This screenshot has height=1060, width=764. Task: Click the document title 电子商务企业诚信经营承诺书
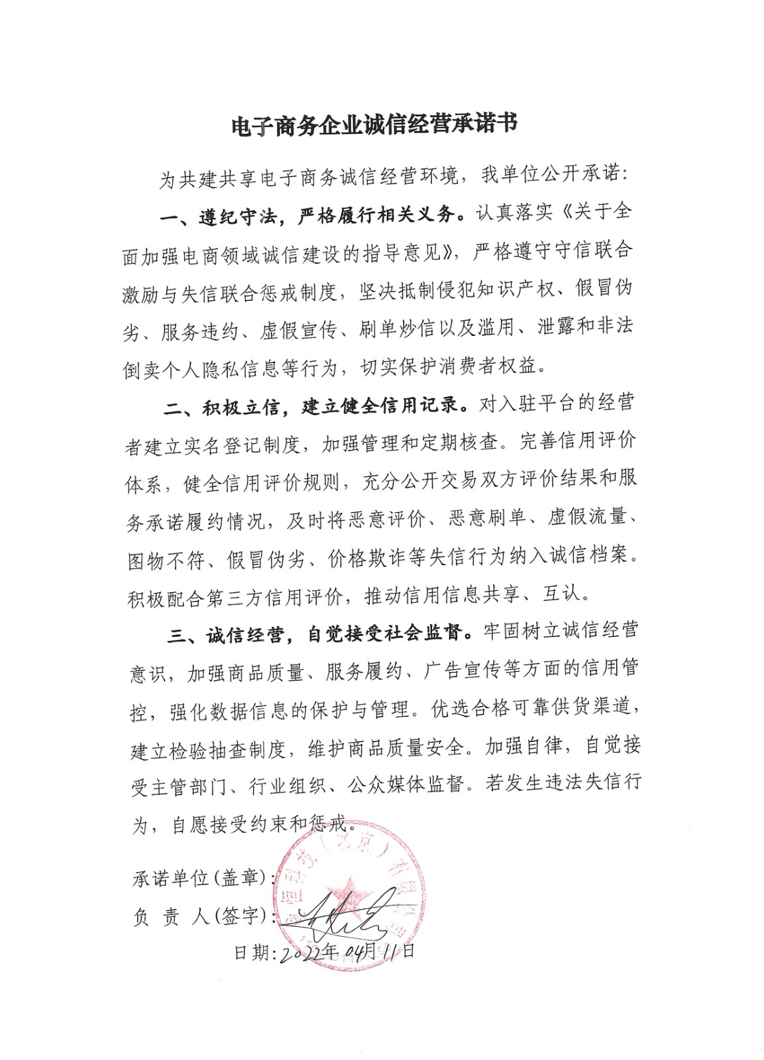click(x=374, y=124)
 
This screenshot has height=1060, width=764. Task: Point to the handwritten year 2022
click(x=305, y=953)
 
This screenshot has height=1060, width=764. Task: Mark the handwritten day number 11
click(x=390, y=951)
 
